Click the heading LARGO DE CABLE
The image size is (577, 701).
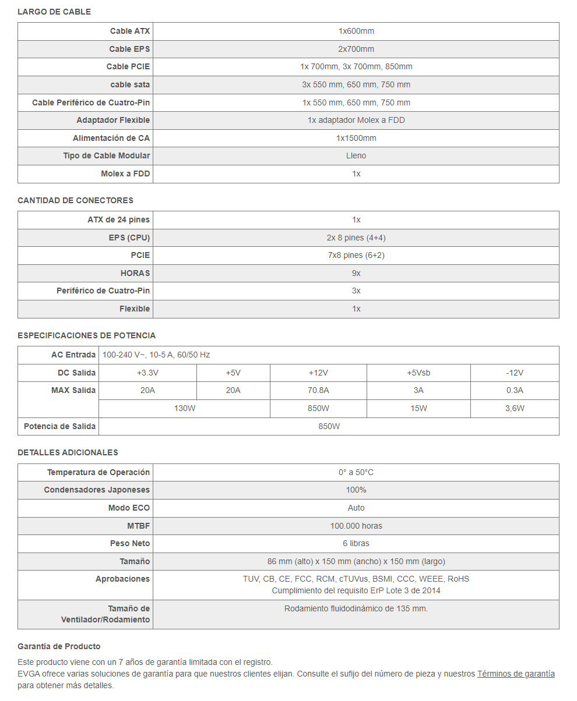coord(54,12)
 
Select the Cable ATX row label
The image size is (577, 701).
coord(129,31)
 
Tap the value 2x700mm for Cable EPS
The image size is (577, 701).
coord(356,49)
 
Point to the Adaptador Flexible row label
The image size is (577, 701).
coord(113,121)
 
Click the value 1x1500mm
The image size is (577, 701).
coord(356,139)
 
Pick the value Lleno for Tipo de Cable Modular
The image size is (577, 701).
coord(356,156)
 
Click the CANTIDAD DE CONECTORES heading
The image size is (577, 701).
coord(75,200)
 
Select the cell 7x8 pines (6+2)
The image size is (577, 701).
coord(356,256)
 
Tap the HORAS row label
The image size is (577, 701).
coord(135,273)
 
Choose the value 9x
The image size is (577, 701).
coord(356,273)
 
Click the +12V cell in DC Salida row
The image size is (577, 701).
coord(318,373)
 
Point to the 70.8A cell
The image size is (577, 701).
coord(318,391)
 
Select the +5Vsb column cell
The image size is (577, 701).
coord(418,373)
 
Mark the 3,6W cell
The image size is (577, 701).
coord(515,409)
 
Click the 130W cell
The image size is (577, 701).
coord(185,409)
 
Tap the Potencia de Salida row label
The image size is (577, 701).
coord(59,427)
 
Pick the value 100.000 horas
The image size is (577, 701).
coord(356,526)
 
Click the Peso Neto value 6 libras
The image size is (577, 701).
coord(356,544)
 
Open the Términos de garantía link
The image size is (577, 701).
coord(516,674)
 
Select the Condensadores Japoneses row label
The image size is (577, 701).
coord(97,490)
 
